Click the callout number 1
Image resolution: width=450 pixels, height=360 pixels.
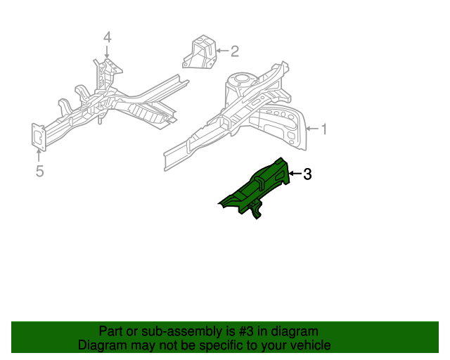324,128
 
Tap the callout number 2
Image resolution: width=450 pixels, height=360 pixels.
235,51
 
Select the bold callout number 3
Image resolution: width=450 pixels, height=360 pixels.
307,174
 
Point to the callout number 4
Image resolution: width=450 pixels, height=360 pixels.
107,37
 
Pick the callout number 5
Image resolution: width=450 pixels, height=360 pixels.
39,171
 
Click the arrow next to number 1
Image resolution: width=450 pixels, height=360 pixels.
313,128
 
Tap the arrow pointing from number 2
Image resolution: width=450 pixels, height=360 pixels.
221,51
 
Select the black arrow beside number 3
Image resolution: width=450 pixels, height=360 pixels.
295,174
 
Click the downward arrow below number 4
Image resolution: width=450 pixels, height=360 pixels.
107,51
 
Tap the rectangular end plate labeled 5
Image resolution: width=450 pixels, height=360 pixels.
38,136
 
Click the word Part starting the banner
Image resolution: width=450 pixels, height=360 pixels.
111,331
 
